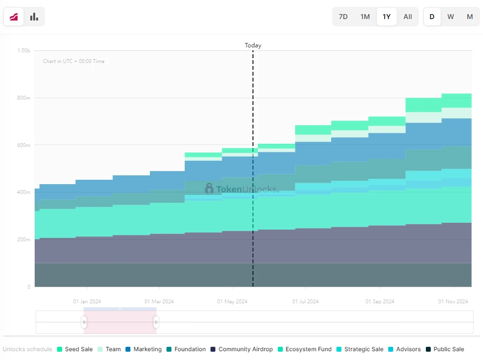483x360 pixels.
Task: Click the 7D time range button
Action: (343, 17)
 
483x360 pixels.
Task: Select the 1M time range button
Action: (365, 17)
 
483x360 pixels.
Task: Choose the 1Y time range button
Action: (387, 17)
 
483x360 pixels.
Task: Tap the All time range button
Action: (408, 17)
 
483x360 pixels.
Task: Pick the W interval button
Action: (451, 17)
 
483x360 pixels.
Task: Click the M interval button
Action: (470, 17)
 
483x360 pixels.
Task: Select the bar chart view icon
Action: (34, 17)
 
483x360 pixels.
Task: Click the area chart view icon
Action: (14, 17)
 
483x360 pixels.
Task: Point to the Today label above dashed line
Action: (253, 45)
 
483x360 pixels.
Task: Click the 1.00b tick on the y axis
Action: (23, 50)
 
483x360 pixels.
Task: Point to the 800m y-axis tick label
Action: (23, 98)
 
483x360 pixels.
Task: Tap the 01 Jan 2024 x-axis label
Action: (87, 301)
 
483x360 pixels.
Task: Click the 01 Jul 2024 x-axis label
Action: (305, 301)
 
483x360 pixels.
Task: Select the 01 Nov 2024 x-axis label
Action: (453, 301)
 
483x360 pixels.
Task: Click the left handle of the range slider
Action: (84, 322)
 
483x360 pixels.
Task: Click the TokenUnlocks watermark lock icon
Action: (210, 188)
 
